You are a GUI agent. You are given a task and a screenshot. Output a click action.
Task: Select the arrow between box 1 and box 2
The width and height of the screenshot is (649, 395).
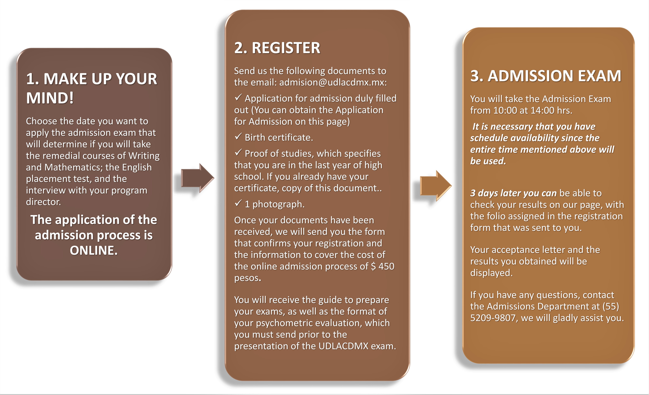(198, 178)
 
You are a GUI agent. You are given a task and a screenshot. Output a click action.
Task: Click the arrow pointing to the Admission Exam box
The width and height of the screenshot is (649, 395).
(436, 186)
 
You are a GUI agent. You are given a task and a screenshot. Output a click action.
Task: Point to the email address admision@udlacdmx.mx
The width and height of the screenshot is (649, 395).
(333, 83)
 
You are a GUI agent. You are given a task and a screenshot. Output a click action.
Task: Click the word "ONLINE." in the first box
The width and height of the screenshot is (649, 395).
(94, 250)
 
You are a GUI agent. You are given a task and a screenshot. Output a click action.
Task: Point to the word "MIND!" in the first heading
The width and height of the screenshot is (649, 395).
(50, 98)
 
